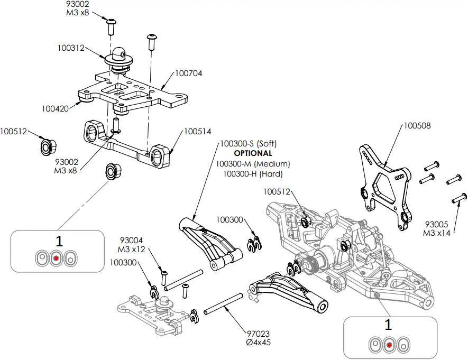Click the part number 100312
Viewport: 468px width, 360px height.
(71, 48)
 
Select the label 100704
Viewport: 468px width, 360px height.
(188, 73)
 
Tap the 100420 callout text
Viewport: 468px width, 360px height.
(55, 109)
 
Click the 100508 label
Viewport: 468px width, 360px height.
(417, 126)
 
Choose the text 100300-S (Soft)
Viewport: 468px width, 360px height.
(248, 144)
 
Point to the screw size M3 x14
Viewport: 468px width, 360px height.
(437, 233)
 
